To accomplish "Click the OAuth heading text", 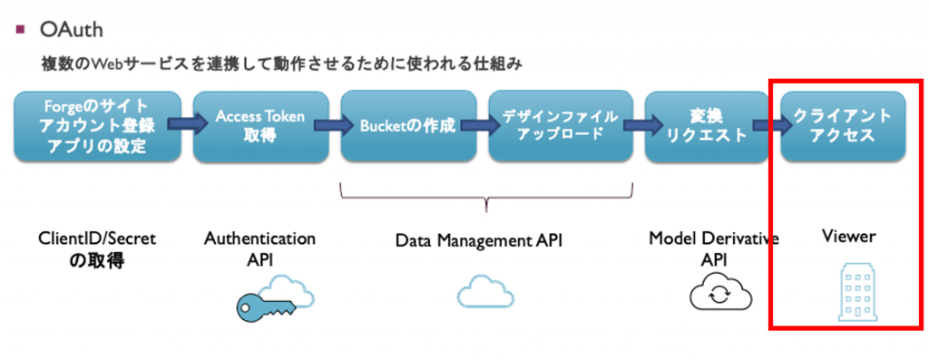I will (71, 30).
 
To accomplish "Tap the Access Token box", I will (260, 126).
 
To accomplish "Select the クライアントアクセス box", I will (843, 126).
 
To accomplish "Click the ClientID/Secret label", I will (97, 250).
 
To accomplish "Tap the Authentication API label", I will (259, 248).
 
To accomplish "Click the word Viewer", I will (847, 237).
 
